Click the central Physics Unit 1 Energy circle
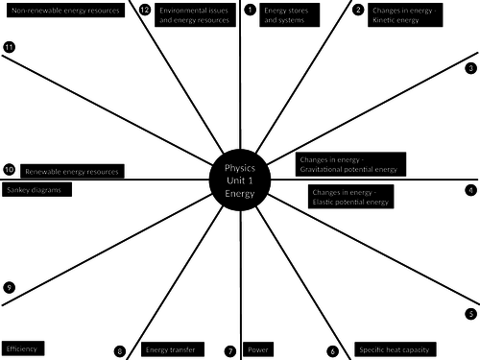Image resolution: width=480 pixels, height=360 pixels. (x=241, y=179)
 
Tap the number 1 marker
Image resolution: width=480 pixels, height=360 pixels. (x=250, y=11)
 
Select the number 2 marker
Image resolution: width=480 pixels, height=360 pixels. (x=358, y=11)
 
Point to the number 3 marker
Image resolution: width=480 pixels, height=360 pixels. (x=471, y=68)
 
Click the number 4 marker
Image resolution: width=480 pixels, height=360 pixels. (x=471, y=190)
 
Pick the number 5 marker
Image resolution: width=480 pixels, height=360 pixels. (x=471, y=314)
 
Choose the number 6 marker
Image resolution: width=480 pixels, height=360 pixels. (x=333, y=351)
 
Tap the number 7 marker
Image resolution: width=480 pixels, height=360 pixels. (x=230, y=351)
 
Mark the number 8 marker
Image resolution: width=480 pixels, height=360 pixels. (x=120, y=351)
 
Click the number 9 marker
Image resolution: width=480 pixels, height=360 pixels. (x=9, y=287)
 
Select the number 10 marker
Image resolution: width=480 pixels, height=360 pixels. (x=9, y=169)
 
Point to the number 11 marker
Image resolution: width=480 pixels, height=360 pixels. (x=9, y=47)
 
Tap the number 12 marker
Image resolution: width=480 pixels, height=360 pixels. (x=144, y=11)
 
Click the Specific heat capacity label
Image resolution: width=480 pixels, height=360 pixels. (x=395, y=349)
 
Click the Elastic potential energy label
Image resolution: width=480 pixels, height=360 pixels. (x=351, y=197)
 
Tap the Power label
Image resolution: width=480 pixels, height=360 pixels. (x=259, y=349)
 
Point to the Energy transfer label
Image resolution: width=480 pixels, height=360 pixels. (x=170, y=349)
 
